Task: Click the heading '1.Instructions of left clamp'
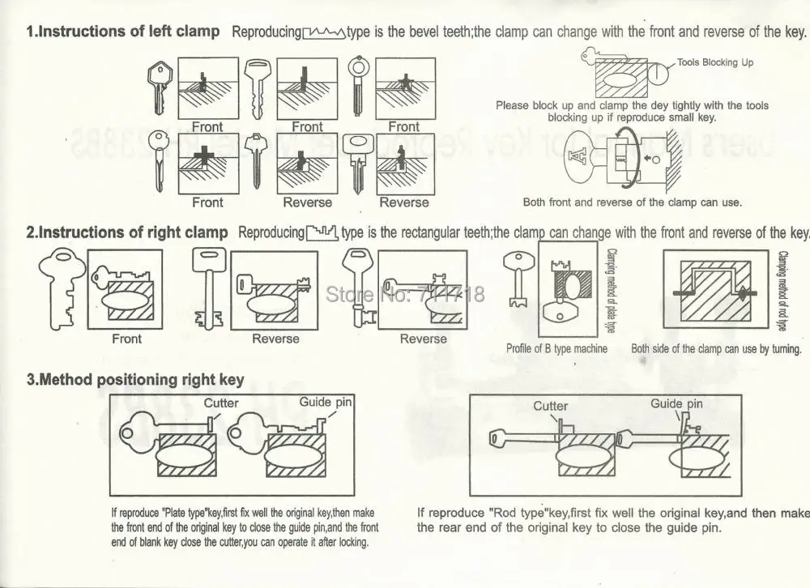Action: point(123,32)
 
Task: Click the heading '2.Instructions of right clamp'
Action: point(127,232)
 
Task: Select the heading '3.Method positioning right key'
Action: point(135,379)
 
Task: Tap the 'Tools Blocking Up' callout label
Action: point(714,62)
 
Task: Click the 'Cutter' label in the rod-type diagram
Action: point(550,406)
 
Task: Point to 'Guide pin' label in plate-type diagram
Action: point(326,402)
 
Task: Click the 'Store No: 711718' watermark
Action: point(404,293)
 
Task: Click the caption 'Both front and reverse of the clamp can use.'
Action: point(632,202)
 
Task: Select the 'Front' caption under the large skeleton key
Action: point(126,339)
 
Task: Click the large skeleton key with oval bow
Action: point(64,288)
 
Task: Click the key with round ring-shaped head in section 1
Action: point(358,85)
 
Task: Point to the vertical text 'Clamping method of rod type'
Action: point(782,291)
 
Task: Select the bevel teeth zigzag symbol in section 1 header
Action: point(324,33)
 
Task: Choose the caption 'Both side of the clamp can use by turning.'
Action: point(716,349)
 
